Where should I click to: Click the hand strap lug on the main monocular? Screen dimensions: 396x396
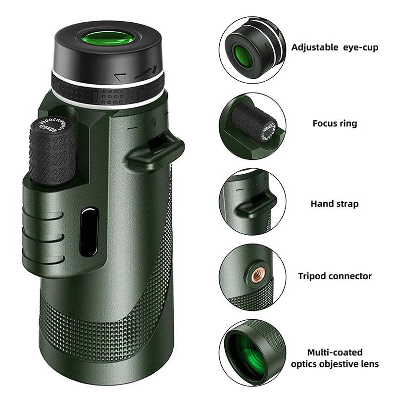155,151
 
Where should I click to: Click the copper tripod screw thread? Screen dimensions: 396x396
257,275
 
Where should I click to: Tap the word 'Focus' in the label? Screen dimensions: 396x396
324,123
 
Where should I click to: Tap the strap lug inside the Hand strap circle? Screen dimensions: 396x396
254,204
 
